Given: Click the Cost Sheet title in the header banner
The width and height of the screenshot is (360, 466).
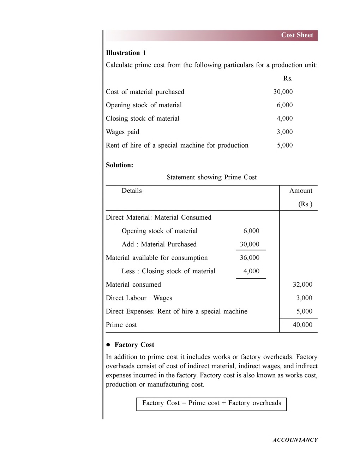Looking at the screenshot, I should coord(297,35).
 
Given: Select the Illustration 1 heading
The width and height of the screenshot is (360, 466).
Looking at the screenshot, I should coord(126,53).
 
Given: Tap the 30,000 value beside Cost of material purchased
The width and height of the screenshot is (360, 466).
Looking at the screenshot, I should coord(283,92).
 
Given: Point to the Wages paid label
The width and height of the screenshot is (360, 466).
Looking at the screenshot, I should coord(122,132).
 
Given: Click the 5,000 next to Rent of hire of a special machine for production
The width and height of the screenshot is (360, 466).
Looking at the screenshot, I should coord(284,145).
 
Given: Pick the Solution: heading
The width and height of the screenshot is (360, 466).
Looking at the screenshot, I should coord(119,165).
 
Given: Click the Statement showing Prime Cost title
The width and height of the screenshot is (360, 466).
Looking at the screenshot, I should coord(211,177).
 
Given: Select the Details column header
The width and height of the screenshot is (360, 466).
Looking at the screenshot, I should coord(132,191).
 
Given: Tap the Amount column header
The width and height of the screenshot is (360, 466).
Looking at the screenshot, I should coord(301,191).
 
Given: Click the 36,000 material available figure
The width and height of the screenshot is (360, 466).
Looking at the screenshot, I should coord(250,258).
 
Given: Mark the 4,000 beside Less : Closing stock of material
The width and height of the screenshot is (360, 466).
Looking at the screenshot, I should coord(251,271).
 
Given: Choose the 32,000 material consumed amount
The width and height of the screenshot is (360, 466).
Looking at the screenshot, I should coord(302,285).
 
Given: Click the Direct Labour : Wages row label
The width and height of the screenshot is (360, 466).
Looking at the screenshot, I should coord(139,298).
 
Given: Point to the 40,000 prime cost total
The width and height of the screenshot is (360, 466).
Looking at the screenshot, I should coord(302,325).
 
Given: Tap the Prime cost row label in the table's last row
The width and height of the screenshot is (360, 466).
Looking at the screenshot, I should coord(121,325).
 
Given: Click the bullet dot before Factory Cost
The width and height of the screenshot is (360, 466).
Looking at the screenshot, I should coord(108,345).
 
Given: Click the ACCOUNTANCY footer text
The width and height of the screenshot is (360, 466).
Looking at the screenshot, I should coord(295,440).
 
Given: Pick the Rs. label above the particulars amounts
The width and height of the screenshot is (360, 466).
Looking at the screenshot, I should coord(288,78).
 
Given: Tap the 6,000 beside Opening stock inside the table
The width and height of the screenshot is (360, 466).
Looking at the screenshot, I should coord(251,231).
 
